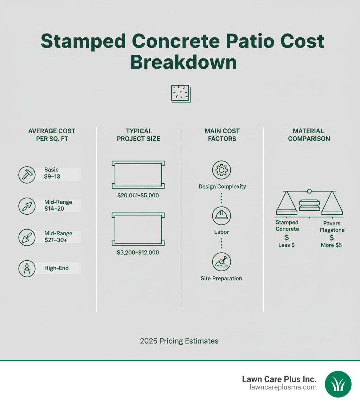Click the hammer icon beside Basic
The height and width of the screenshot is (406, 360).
(x=27, y=175)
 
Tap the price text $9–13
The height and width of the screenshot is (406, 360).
(x=52, y=177)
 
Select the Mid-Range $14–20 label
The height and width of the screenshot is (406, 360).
(x=58, y=205)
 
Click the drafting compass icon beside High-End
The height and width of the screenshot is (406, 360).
(x=27, y=268)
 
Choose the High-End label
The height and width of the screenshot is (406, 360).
(x=56, y=268)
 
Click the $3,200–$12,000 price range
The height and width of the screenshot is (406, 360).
(x=138, y=253)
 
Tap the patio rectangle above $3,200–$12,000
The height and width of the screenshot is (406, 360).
(x=138, y=229)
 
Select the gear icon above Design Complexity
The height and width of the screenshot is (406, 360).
(x=221, y=170)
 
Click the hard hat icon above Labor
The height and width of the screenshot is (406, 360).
(x=221, y=216)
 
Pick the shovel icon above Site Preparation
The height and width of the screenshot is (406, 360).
(x=221, y=262)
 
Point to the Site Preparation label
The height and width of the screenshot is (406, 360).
(x=221, y=278)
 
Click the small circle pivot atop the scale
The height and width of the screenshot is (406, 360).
(x=309, y=191)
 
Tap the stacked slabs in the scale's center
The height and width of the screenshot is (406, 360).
(x=309, y=205)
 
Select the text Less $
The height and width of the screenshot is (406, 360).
(x=287, y=245)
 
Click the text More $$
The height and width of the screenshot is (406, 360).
(x=332, y=245)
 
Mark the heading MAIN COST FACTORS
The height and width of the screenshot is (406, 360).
(x=222, y=135)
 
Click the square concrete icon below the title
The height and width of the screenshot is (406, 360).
(x=180, y=94)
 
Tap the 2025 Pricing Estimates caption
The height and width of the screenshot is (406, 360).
(x=179, y=341)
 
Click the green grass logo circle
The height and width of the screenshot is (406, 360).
(x=338, y=384)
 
